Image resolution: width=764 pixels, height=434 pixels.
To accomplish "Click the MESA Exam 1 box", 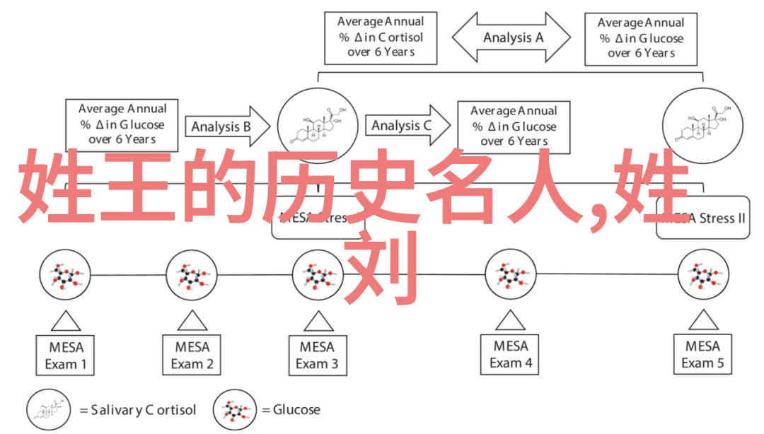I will tap(66, 356).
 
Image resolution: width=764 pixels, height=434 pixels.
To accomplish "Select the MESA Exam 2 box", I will tap(192, 356).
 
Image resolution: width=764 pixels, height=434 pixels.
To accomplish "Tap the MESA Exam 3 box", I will tap(317, 356).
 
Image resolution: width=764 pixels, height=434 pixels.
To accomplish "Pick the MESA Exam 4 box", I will tap(511, 355).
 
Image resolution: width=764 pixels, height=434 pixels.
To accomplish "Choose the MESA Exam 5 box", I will tap(703, 355).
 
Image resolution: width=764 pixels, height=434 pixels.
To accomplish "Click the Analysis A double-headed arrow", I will tap(511, 37).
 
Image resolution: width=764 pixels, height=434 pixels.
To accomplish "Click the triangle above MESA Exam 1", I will tap(66, 321).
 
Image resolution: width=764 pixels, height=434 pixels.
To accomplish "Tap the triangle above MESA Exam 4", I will tap(511, 321).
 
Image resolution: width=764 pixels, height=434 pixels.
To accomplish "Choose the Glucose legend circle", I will tap(236, 410).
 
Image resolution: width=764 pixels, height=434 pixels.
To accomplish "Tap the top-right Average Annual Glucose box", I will tap(641, 37).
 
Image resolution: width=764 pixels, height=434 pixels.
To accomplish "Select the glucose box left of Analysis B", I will tap(122, 124).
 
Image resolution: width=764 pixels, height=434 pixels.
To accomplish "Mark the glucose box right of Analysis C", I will tap(514, 126).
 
